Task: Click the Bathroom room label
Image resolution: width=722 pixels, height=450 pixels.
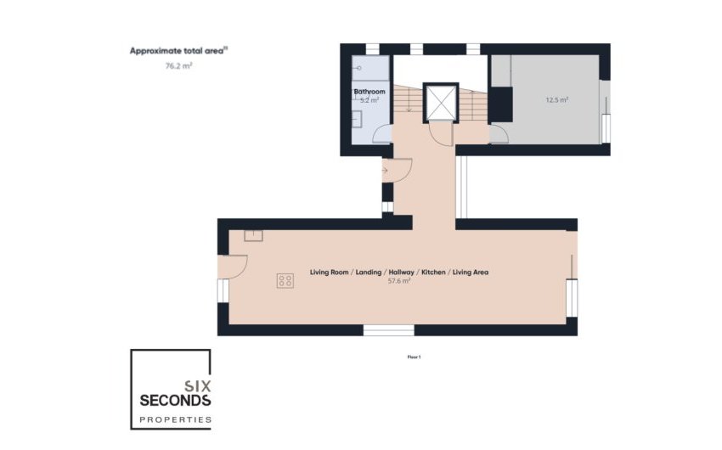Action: pos(369,92)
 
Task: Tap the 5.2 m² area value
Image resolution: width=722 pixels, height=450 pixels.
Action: pos(369,100)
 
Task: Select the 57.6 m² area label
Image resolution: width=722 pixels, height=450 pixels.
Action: pos(399,280)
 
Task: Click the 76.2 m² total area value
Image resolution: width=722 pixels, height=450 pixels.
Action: pos(178,65)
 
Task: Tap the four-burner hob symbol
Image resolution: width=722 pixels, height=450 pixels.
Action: pos(285,281)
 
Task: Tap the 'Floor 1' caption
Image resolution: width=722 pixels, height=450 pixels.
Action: pos(414,357)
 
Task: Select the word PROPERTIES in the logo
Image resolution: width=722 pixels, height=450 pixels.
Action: pos(175,419)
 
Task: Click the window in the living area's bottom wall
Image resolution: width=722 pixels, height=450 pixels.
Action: pos(389,329)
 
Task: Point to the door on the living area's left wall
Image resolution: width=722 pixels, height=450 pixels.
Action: pos(234,265)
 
